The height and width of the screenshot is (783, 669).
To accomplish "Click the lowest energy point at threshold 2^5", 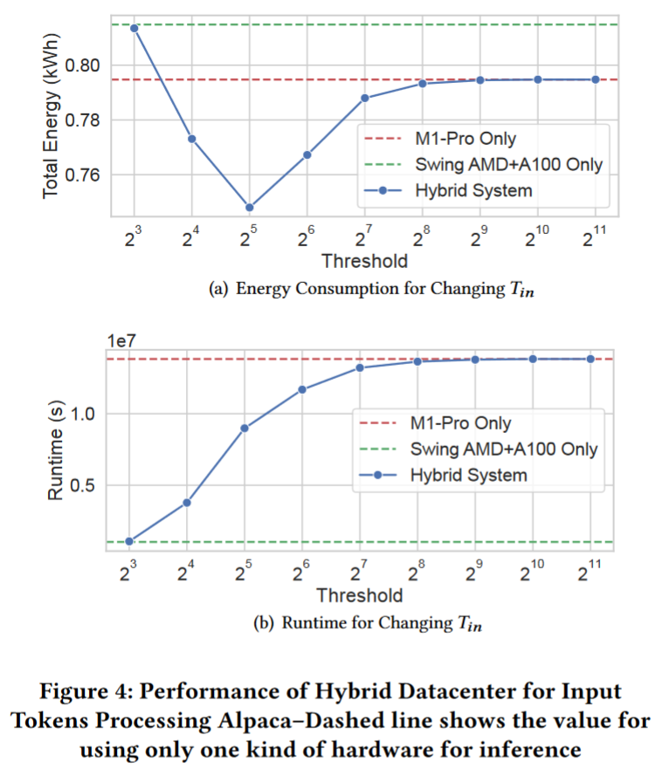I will pyautogui.click(x=249, y=208).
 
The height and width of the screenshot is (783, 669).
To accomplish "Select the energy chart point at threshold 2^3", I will pyautogui.click(x=134, y=28).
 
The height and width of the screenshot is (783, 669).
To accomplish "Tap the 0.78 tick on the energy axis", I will pyautogui.click(x=83, y=120).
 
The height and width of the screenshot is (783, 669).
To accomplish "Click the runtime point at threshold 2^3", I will pyautogui.click(x=129, y=541).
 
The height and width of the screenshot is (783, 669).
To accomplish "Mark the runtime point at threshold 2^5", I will pyautogui.click(x=245, y=428).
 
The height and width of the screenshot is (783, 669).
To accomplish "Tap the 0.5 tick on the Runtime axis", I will pyautogui.click(x=79, y=485).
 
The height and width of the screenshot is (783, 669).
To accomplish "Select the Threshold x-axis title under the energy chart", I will pyautogui.click(x=364, y=261).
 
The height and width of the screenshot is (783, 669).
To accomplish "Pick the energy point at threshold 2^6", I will pyautogui.click(x=307, y=155).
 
